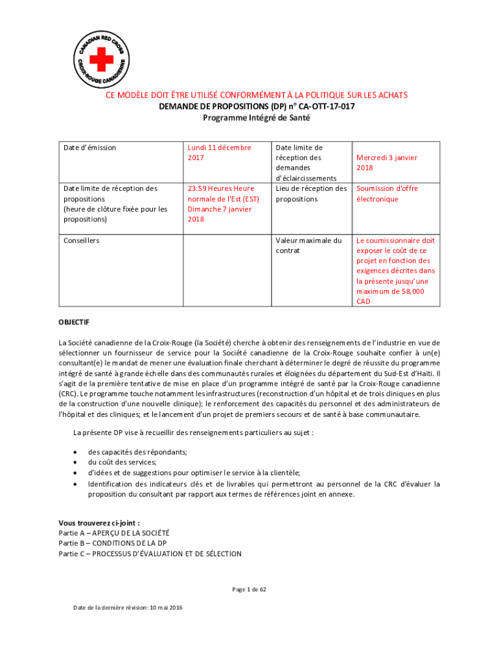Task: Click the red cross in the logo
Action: click(x=100, y=62)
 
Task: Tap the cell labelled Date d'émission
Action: click(x=89, y=148)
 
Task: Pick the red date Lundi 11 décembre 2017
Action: click(x=219, y=153)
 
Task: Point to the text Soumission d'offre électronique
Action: click(x=387, y=194)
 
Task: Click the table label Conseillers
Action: click(x=81, y=240)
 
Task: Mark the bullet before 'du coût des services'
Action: click(x=78, y=462)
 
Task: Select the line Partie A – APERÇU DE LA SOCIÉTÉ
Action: click(x=113, y=533)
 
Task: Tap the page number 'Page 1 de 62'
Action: click(x=250, y=589)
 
